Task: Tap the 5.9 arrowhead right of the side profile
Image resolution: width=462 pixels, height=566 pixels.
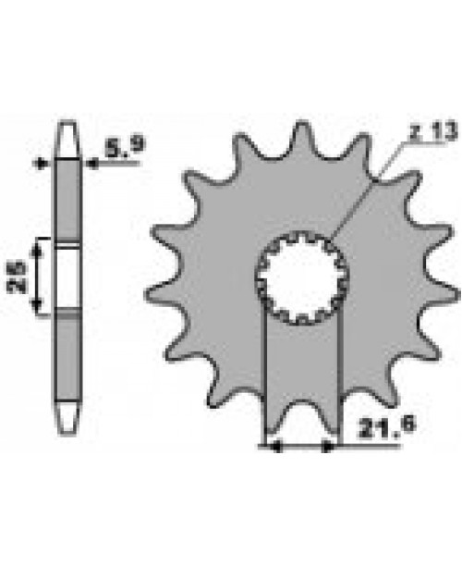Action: pyautogui.click(x=91, y=164)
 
